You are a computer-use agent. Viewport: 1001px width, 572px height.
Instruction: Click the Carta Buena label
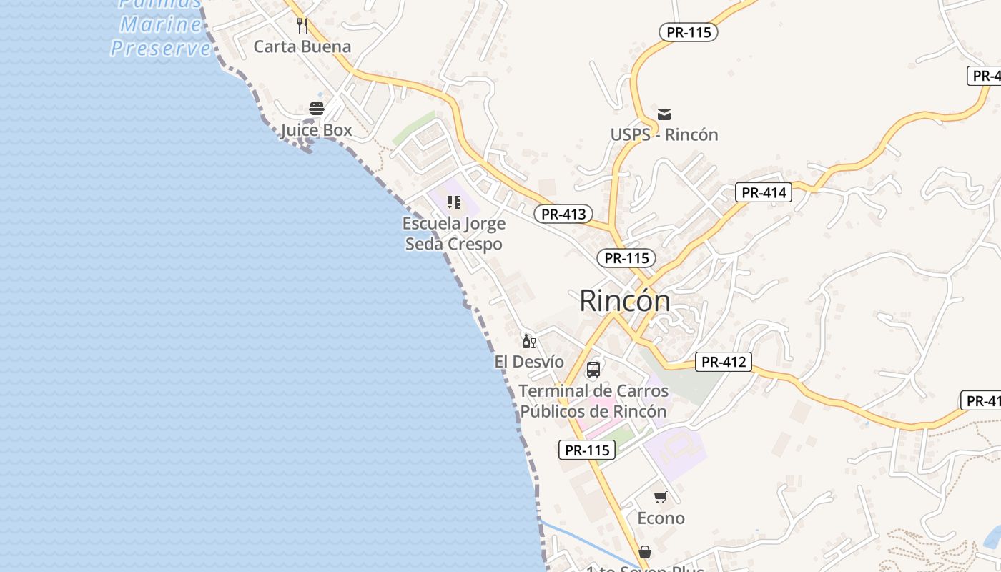pos(302,47)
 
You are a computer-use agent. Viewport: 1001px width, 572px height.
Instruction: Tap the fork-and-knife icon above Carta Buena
pos(302,26)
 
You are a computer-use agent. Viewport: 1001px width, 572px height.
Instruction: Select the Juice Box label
pos(316,130)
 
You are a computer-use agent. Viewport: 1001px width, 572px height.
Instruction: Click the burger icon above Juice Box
pos(316,109)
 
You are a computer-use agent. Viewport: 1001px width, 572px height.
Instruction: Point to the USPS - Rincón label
pos(664,134)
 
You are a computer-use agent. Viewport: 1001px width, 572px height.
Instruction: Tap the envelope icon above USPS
pos(664,114)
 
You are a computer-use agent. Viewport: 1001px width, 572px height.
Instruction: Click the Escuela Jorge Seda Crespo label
pos(454,234)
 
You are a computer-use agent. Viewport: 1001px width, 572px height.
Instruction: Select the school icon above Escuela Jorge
pos(454,202)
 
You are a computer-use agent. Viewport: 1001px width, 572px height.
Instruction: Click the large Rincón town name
pos(625,300)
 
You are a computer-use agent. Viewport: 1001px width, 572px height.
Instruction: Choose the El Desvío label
pos(529,362)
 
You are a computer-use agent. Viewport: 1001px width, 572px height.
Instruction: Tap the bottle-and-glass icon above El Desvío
pos(528,341)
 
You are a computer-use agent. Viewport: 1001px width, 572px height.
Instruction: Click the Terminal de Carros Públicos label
pos(593,401)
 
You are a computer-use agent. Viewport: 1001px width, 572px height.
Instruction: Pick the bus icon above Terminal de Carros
pos(593,370)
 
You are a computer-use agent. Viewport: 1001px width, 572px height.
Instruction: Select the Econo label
pos(661,518)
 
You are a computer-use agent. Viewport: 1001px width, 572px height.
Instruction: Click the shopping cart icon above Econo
pos(660,497)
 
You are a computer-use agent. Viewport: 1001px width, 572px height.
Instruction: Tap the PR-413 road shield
pos(563,214)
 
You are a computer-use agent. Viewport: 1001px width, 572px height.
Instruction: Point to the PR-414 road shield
pos(764,192)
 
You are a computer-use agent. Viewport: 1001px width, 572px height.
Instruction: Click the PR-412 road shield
pos(724,362)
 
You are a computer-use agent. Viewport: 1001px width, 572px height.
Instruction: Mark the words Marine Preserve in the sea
pos(161,36)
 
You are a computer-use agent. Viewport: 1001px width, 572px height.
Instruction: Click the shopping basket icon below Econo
pos(645,552)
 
